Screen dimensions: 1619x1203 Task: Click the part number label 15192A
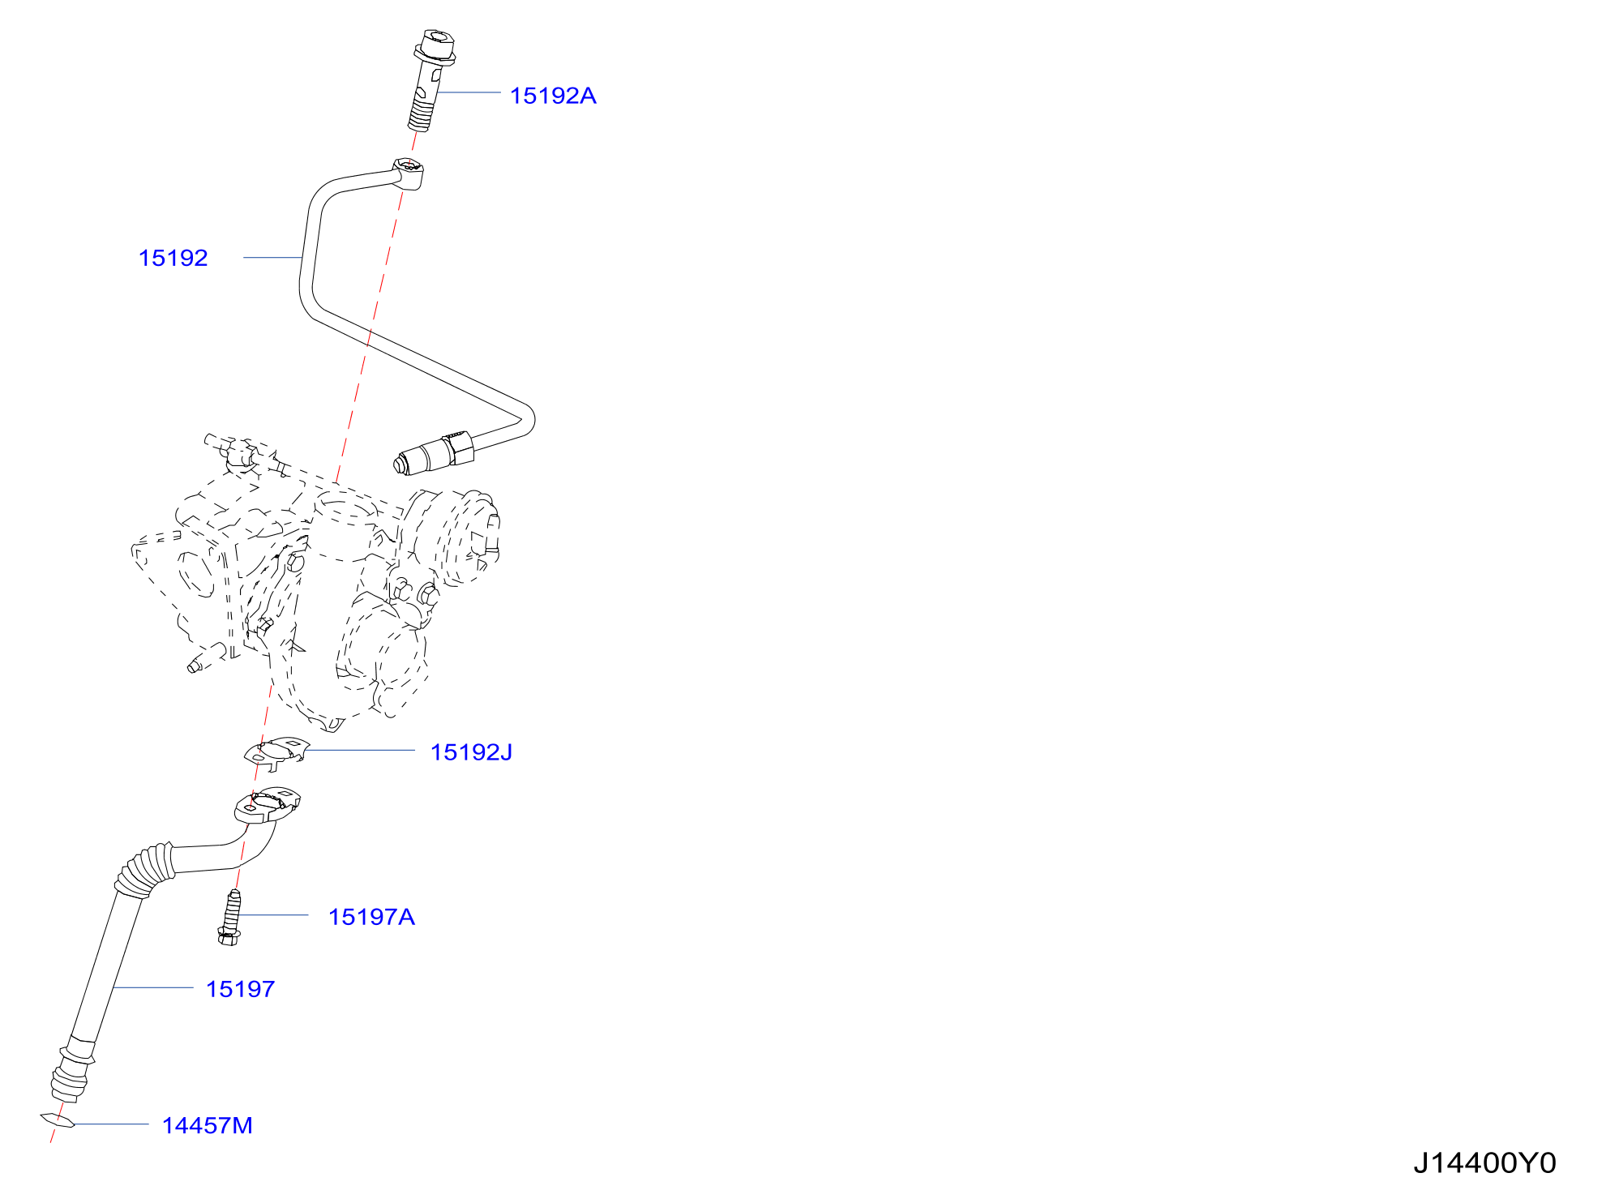(553, 96)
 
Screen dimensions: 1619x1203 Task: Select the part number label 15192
(173, 258)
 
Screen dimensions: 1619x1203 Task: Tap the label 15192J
(471, 752)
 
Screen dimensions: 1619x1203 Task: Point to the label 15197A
(371, 917)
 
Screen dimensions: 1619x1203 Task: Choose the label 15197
(241, 989)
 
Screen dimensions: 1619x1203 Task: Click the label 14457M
(208, 1125)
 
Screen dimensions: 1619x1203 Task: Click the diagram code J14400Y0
(1484, 1163)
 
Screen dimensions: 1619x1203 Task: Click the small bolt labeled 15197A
(230, 918)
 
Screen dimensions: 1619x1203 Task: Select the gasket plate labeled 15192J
(276, 753)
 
